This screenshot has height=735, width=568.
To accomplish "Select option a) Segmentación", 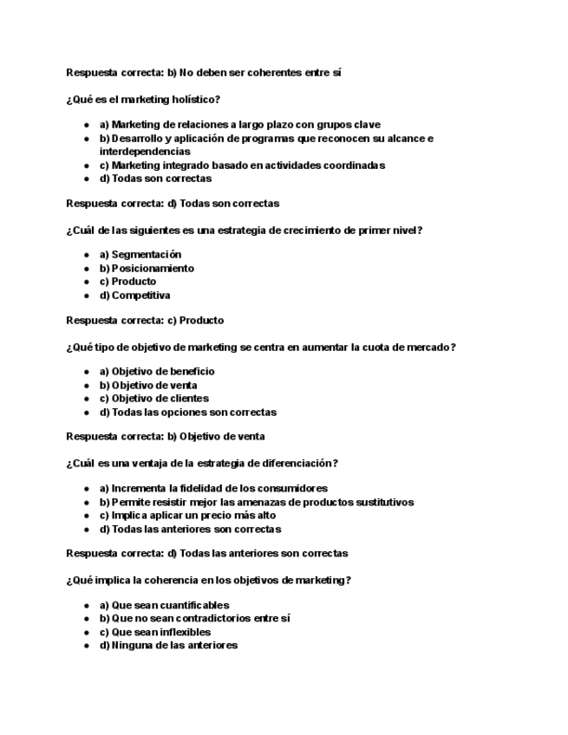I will pos(140,255).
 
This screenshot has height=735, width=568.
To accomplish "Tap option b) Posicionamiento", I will pos(147,269).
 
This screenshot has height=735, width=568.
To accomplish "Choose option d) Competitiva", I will pos(134,296).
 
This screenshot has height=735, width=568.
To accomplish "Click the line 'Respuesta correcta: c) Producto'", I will pos(145,320).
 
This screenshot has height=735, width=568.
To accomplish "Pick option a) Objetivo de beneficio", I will pos(157,372).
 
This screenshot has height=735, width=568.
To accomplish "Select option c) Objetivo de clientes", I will pos(153,399).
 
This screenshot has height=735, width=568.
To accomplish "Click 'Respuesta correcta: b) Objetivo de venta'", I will pos(166,437).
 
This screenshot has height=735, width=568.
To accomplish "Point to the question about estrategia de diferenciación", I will pos(202,464).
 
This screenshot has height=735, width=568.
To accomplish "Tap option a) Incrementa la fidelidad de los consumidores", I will pos(213,489).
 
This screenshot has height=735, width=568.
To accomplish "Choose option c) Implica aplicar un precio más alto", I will pos(187,516).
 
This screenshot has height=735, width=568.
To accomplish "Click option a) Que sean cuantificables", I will pos(164,606).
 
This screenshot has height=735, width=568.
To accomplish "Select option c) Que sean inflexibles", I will pos(154,633).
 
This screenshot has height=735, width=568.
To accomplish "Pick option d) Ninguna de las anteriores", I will pos(168,646).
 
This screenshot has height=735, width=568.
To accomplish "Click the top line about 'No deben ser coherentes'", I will pos(204,73).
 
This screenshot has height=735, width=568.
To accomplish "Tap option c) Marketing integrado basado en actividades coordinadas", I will pos(242,166).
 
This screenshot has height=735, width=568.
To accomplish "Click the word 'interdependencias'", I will pos(144,152).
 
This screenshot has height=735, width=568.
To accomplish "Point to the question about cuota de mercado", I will pos(261,348).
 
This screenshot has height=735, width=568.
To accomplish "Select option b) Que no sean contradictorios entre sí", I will pos(194,619).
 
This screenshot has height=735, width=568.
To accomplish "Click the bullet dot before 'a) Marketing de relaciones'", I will pos(87,125).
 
